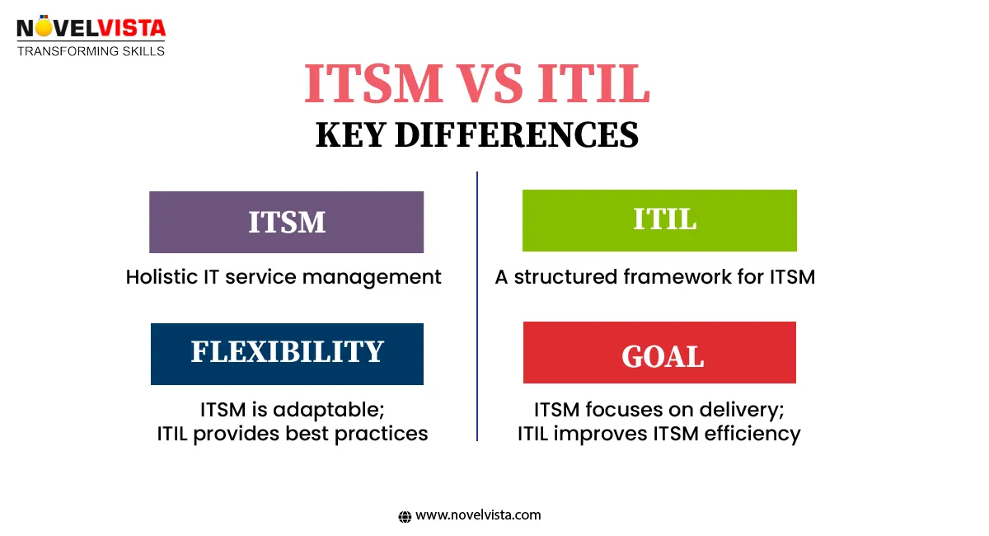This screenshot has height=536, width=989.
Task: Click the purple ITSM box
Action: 286,222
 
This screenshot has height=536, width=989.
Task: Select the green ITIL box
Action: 659,220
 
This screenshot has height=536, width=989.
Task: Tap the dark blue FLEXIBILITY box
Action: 287,354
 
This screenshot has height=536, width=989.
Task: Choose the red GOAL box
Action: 659,353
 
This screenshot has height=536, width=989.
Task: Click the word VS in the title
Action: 479,84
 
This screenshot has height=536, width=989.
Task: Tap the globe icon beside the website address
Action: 405,516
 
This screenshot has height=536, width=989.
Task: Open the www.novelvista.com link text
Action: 478,515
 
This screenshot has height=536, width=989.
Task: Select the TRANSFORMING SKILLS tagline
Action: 91,51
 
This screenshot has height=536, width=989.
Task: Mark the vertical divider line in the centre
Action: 477,305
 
